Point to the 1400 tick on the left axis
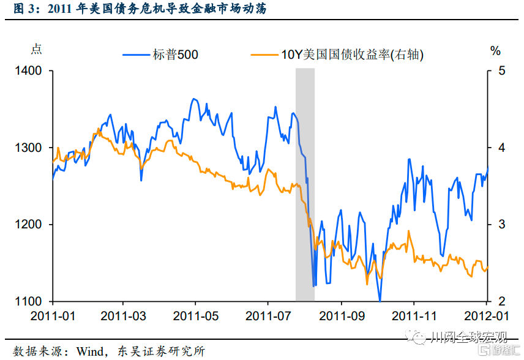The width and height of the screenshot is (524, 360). (29, 71)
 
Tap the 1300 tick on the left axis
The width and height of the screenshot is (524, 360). (29, 148)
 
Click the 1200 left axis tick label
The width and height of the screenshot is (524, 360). (29, 225)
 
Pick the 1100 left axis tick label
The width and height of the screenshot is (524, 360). (29, 301)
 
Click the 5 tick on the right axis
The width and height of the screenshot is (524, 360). (502, 71)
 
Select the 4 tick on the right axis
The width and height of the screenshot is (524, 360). (502, 148)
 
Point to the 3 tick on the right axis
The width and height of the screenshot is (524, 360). (502, 225)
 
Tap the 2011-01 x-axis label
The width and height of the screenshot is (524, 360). (53, 317)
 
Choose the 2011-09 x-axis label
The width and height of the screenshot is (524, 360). (342, 317)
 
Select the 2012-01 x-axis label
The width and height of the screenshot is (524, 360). (487, 317)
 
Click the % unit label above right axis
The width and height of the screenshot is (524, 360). (495, 51)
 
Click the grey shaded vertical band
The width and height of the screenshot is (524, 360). (305, 184)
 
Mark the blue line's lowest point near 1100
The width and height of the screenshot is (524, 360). (380, 300)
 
